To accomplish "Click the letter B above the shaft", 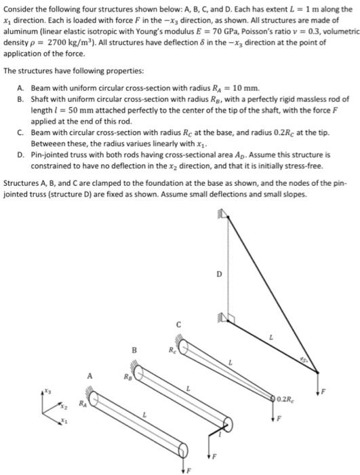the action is coord(134,351).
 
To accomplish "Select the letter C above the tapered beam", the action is coord(178,324).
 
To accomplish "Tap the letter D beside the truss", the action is coord(219,274).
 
